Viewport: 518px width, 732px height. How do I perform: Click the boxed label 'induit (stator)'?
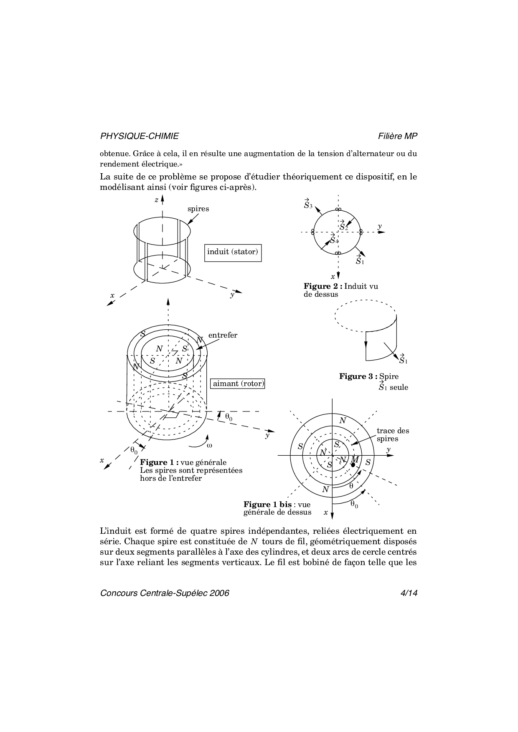click(x=233, y=252)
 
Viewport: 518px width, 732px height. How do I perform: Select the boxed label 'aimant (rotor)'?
click(x=238, y=384)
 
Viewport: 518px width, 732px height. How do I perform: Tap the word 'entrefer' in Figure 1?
click(x=223, y=335)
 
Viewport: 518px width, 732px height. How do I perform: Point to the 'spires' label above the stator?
click(x=198, y=209)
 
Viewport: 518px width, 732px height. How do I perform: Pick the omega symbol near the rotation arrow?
click(x=209, y=445)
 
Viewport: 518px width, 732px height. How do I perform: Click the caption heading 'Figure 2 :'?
click(x=323, y=286)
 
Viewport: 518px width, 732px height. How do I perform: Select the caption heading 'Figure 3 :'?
click(x=358, y=376)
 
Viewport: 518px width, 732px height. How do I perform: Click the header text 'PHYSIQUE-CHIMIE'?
click(x=139, y=136)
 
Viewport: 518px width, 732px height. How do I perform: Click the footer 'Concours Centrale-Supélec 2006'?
click(x=165, y=593)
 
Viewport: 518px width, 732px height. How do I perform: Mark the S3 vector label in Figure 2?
click(x=308, y=204)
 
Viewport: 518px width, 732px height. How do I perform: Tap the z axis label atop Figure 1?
click(x=156, y=200)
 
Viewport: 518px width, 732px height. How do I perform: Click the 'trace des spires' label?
click(x=392, y=434)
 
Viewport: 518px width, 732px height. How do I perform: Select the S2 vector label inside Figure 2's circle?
click(x=343, y=226)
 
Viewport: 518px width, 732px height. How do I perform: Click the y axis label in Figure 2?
click(x=380, y=226)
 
